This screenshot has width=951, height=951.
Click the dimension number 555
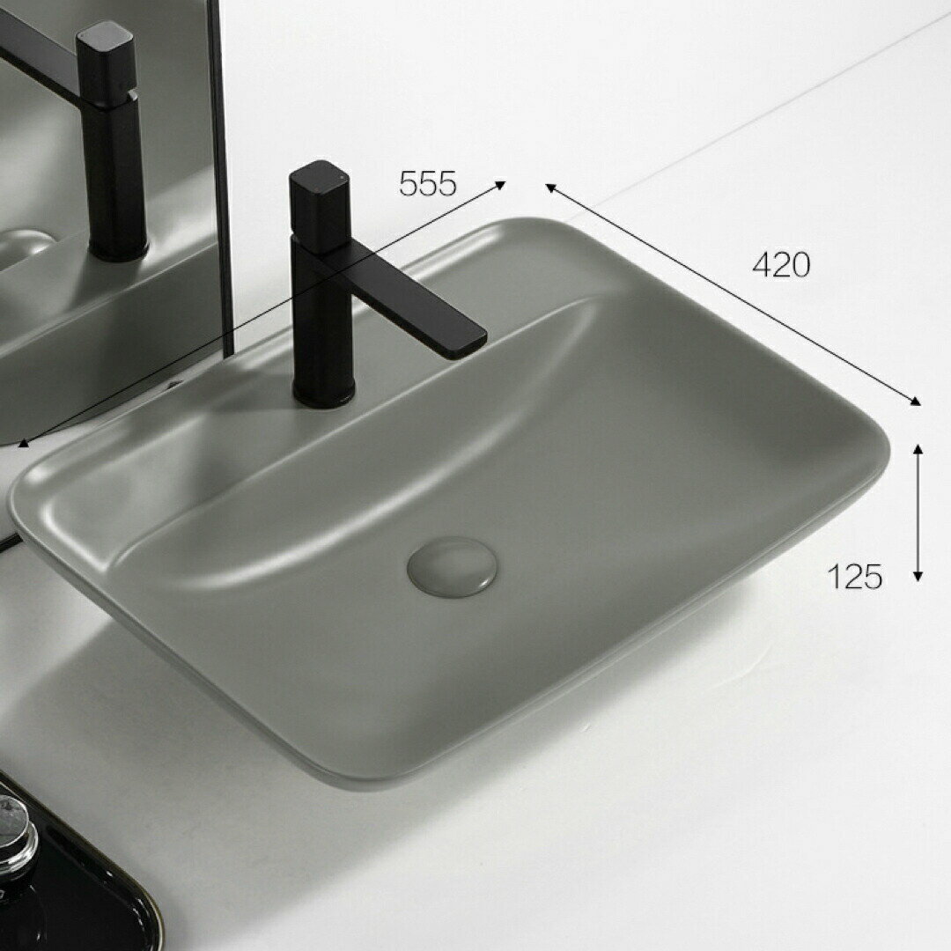pos(428,183)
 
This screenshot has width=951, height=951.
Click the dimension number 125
pos(854,576)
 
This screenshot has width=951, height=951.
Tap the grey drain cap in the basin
pos(453,566)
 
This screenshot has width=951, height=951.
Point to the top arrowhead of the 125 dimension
pos(918,449)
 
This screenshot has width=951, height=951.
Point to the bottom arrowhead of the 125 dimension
pos(918,576)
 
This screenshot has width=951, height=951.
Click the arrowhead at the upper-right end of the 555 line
pos(500,185)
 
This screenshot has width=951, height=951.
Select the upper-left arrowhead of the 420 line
pos(550,188)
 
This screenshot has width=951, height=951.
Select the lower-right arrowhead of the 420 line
pos(915,401)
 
